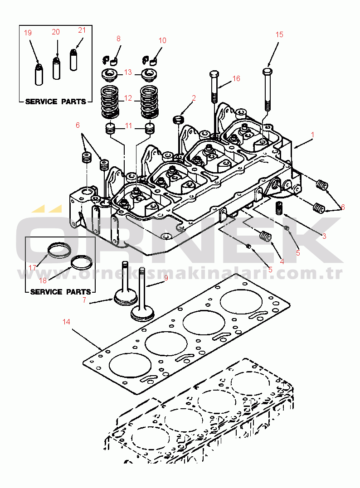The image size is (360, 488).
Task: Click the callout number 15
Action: [279, 34]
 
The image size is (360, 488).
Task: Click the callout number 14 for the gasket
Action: [67, 322]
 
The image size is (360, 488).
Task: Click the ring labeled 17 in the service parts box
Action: [60, 250]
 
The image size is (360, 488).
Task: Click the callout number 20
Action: [56, 32]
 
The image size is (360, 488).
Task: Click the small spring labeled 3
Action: [280, 209]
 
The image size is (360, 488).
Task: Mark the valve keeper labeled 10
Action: [151, 59]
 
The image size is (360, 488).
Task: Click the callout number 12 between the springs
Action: [128, 97]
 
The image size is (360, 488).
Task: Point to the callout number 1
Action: [312, 135]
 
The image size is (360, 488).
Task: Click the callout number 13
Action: [128, 72]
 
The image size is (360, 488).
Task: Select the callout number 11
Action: [129, 126]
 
